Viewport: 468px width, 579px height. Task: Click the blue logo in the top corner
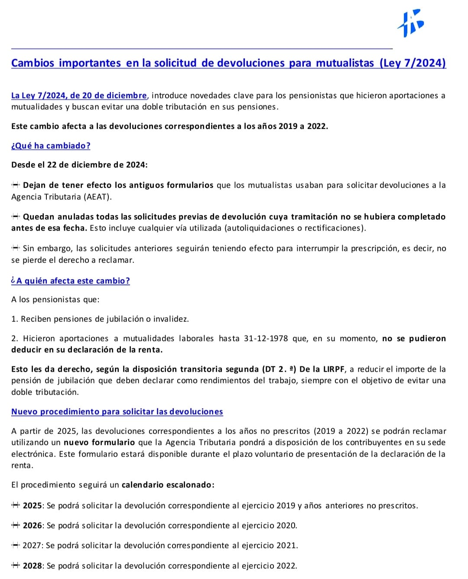point(410,23)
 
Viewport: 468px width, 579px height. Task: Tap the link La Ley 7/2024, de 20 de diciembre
point(79,96)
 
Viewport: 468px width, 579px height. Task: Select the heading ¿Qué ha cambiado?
point(51,146)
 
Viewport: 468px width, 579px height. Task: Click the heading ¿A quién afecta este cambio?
point(71,281)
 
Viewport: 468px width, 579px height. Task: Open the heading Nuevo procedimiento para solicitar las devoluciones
point(117,412)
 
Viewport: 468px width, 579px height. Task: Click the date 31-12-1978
point(266,339)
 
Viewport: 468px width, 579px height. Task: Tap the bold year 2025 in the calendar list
point(32,506)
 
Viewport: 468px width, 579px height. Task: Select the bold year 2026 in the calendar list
point(32,526)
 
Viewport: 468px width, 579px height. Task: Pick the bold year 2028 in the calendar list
point(32,566)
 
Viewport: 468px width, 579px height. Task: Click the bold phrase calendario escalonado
point(167,485)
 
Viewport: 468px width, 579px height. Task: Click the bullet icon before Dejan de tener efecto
point(16,185)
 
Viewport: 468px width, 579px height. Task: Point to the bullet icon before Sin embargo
point(16,249)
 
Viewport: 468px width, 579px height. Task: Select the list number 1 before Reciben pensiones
point(14,319)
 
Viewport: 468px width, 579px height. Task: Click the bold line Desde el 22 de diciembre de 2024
point(79,165)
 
